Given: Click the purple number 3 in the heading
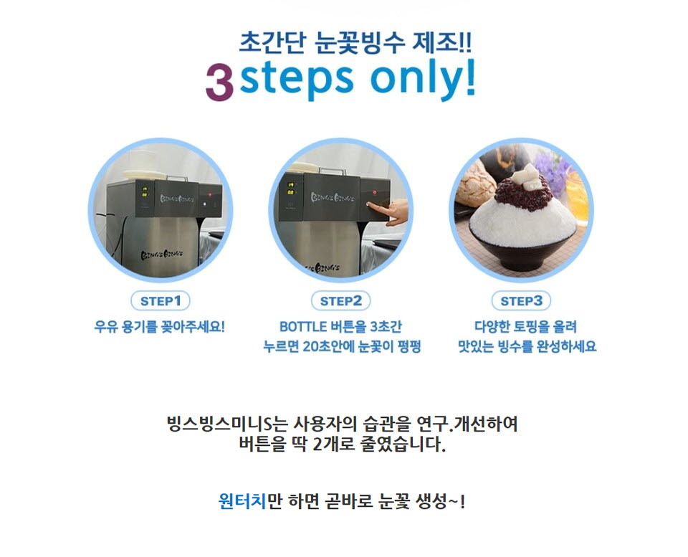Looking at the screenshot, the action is tap(219, 82).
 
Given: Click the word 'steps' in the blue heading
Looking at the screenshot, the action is tap(297, 79).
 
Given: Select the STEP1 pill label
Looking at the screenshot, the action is tap(161, 301).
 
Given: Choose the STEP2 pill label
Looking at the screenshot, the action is tap(340, 301).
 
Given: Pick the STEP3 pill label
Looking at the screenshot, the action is tap(521, 301).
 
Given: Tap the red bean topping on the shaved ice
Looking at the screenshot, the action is tap(523, 194).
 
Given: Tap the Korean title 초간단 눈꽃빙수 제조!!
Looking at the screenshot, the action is tap(355, 42).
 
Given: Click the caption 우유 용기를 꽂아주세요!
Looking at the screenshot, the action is tap(160, 327).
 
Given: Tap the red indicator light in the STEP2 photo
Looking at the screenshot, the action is tap(375, 192).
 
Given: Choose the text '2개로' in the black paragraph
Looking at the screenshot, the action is tap(333, 444).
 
